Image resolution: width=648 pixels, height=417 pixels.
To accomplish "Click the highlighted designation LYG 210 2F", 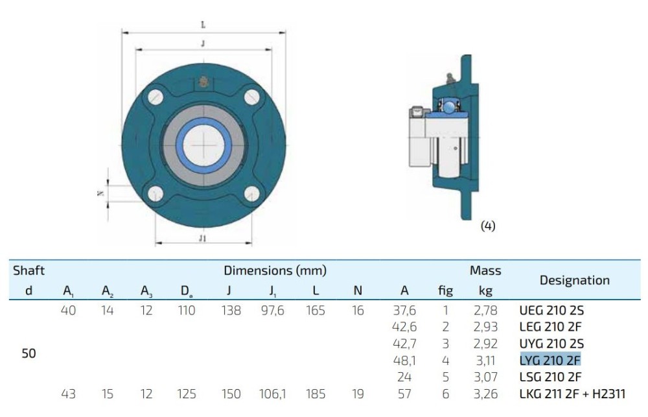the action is (x=550, y=361).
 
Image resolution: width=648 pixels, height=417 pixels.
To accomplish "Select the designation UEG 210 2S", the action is (x=551, y=310).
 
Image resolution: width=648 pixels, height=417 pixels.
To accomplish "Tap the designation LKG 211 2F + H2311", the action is (x=572, y=394).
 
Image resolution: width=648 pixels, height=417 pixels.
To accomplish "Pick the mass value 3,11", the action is (x=485, y=361).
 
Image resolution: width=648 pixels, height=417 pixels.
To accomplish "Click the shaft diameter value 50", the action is (x=29, y=353).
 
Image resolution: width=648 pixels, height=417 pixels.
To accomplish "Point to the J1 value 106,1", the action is (x=272, y=394).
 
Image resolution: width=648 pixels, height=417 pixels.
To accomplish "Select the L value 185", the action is (x=316, y=394).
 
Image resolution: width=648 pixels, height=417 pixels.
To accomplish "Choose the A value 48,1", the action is (x=404, y=361).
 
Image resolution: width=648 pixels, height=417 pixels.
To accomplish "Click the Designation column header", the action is (x=574, y=280).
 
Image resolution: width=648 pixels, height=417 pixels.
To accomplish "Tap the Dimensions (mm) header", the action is (x=275, y=270).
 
